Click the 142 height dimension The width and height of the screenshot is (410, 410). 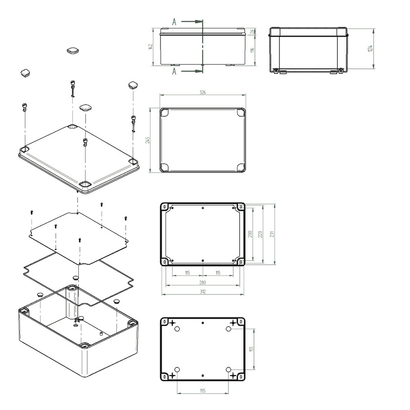coord(151,47)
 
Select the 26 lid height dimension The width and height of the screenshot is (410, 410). coord(252,32)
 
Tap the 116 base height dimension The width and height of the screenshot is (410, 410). coord(252,50)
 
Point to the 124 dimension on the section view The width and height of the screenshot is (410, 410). coord(370,48)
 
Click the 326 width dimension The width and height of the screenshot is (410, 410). coord(203,92)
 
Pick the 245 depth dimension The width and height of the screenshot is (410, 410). coord(148,140)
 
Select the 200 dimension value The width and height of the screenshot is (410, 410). coord(250,234)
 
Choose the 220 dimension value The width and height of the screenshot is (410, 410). coord(261,234)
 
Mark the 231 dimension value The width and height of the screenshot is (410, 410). coord(272,234)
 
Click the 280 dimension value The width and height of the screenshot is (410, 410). coord(202,283)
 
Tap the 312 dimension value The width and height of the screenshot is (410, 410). coord(202,292)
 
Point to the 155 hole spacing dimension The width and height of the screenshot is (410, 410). coord(251,349)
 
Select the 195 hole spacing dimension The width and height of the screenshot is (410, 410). coord(202,391)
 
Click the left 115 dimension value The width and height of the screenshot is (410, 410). coord(187,273)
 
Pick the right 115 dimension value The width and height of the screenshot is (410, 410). coord(218,273)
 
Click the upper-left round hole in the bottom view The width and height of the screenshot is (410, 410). coord(177,328)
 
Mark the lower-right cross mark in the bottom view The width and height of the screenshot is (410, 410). coord(233,375)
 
